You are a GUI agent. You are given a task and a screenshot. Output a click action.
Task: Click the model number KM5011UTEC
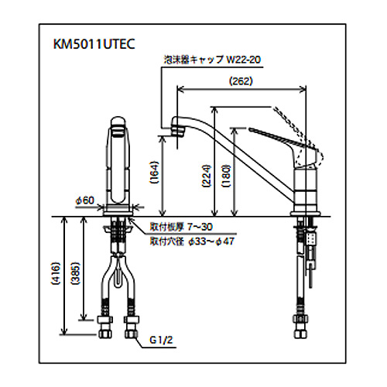pyautogui.click(x=94, y=44)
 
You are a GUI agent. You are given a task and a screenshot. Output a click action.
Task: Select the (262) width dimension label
pyautogui.click(x=241, y=81)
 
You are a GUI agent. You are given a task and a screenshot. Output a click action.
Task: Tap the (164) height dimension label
pyautogui.click(x=153, y=173)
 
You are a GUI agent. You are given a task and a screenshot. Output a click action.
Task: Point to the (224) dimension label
pyautogui.click(x=207, y=176)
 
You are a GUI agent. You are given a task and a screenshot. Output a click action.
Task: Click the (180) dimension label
pyautogui.click(x=226, y=176)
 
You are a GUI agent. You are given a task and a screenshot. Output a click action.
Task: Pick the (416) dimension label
pyautogui.click(x=56, y=273)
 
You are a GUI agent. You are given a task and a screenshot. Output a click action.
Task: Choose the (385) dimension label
pyautogui.click(x=75, y=273)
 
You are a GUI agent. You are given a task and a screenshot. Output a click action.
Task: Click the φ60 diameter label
pyautogui.click(x=85, y=200)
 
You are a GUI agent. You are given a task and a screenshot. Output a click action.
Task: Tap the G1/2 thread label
pyautogui.click(x=161, y=340)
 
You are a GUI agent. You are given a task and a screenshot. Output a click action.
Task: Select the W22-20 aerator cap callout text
pyautogui.click(x=244, y=60)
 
